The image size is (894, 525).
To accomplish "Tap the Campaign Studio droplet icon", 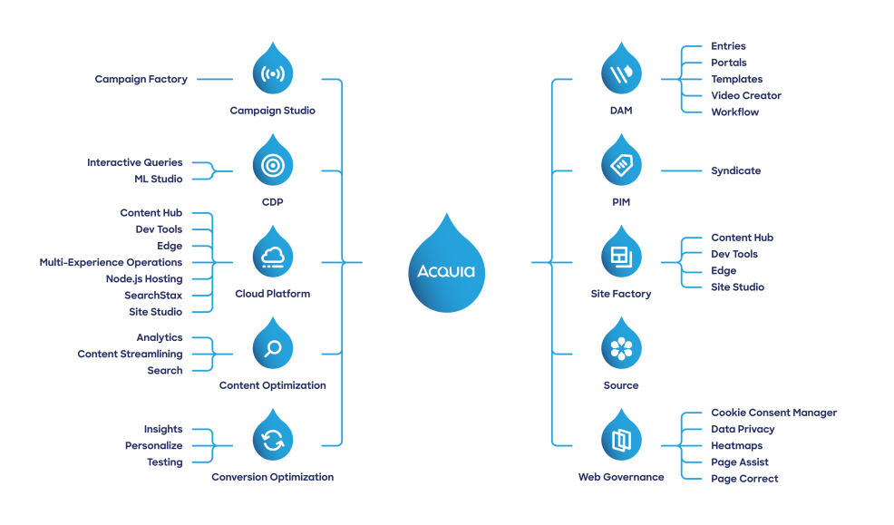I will [x=272, y=73].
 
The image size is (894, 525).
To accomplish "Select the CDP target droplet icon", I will [x=272, y=165].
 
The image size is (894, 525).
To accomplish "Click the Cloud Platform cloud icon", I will [x=272, y=258].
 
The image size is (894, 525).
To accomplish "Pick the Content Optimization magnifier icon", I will [x=272, y=349].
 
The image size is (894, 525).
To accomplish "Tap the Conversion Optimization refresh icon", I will [x=272, y=442].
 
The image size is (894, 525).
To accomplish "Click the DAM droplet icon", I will [x=621, y=73].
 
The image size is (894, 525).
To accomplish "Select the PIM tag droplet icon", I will [x=621, y=165].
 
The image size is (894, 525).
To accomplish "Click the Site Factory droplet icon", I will [x=621, y=258].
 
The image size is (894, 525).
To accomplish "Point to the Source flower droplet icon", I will [x=621, y=349].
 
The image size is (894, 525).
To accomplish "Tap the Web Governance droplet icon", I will [x=621, y=442].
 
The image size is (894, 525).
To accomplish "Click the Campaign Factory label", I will [x=141, y=80].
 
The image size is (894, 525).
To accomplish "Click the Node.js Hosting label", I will [x=143, y=278].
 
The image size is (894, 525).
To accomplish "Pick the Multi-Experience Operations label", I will [x=111, y=262].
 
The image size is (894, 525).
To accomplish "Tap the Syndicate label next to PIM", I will [x=735, y=170].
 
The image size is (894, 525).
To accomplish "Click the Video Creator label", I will [x=745, y=95].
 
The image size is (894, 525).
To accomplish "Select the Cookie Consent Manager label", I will [x=773, y=413].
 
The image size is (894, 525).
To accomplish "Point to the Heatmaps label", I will [x=736, y=445].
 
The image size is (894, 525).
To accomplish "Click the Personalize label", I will [x=153, y=445].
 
